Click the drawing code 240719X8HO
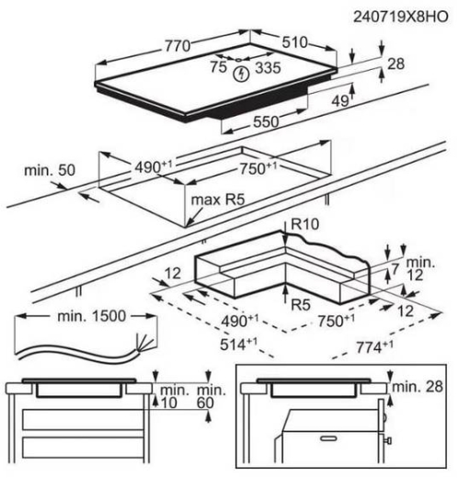click(401, 17)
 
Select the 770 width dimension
click(178, 46)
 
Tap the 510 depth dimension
click(294, 42)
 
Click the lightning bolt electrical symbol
click(241, 74)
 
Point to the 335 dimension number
click(268, 68)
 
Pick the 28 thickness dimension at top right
click(396, 64)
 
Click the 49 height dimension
click(340, 100)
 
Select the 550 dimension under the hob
click(266, 122)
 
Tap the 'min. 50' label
click(50, 170)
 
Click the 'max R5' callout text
click(218, 199)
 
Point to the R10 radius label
click(304, 224)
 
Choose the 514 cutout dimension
click(238, 344)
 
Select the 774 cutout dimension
click(374, 347)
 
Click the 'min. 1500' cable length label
click(91, 316)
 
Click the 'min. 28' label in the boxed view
click(418, 387)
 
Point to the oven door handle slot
click(328, 438)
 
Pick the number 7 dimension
click(396, 268)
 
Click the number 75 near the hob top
click(218, 67)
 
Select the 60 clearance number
click(205, 403)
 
